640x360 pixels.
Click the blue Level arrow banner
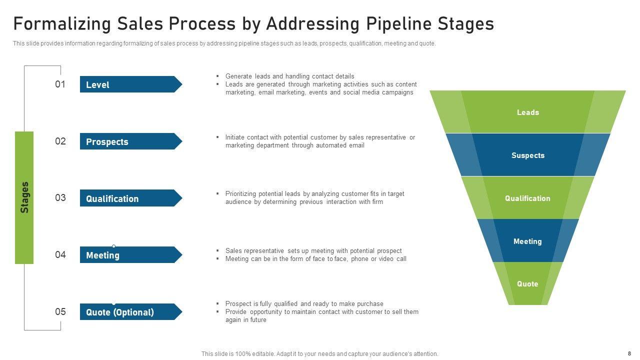click(131, 84)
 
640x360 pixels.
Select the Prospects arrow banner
click(131, 141)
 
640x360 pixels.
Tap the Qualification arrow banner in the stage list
click(131, 198)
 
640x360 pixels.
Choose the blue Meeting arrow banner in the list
click(131, 254)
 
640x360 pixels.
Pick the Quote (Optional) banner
click(131, 311)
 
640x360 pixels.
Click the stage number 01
click(60, 84)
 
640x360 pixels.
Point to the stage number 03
click(60, 197)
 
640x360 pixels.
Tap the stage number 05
click(60, 311)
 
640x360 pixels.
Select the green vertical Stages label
click(24, 197)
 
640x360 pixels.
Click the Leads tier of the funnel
click(527, 111)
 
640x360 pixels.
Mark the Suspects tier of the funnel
click(527, 155)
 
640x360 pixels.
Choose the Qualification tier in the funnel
click(527, 197)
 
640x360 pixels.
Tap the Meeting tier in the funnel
click(527, 241)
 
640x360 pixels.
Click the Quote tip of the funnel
click(527, 283)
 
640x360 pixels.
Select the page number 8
click(629, 353)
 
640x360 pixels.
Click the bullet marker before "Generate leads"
click(217, 76)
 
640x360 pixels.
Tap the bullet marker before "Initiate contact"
click(217, 137)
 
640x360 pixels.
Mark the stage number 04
click(60, 254)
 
